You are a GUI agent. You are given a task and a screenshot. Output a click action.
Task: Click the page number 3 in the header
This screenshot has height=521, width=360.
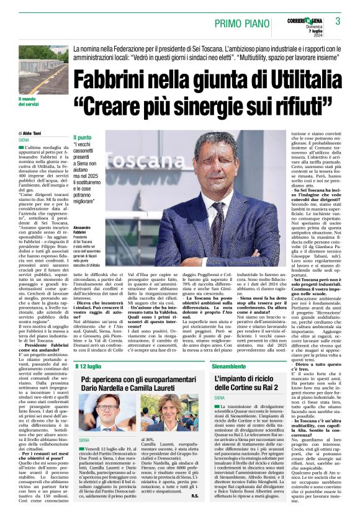pyautogui.click(x=338, y=21)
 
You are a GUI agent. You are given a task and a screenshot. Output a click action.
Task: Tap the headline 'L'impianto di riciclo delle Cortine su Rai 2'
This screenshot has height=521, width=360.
pyautogui.click(x=252, y=383)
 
